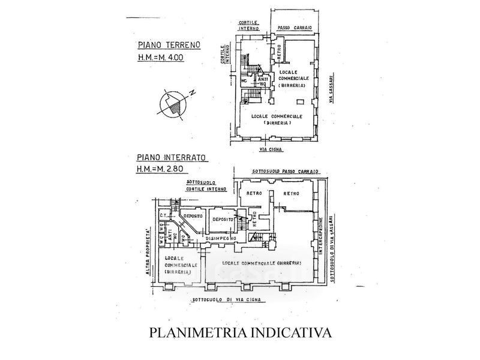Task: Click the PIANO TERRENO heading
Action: [x=169, y=46]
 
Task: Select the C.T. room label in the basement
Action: [x=162, y=215]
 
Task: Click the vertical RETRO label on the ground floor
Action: [x=279, y=52]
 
